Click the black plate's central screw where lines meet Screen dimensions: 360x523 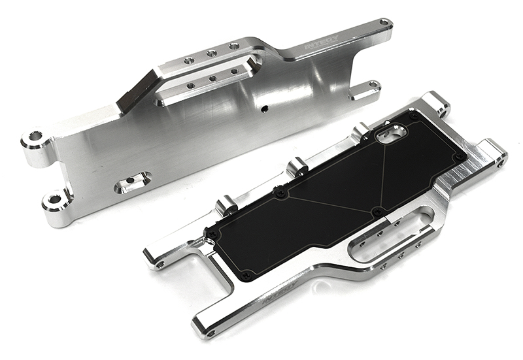377,211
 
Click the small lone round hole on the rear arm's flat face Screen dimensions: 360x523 265,107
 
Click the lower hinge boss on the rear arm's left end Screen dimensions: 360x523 56,199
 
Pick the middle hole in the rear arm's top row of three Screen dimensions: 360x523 211,54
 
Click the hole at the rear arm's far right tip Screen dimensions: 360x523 384,24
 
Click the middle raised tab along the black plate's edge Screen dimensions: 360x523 297,166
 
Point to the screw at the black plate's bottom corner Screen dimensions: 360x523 246,275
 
